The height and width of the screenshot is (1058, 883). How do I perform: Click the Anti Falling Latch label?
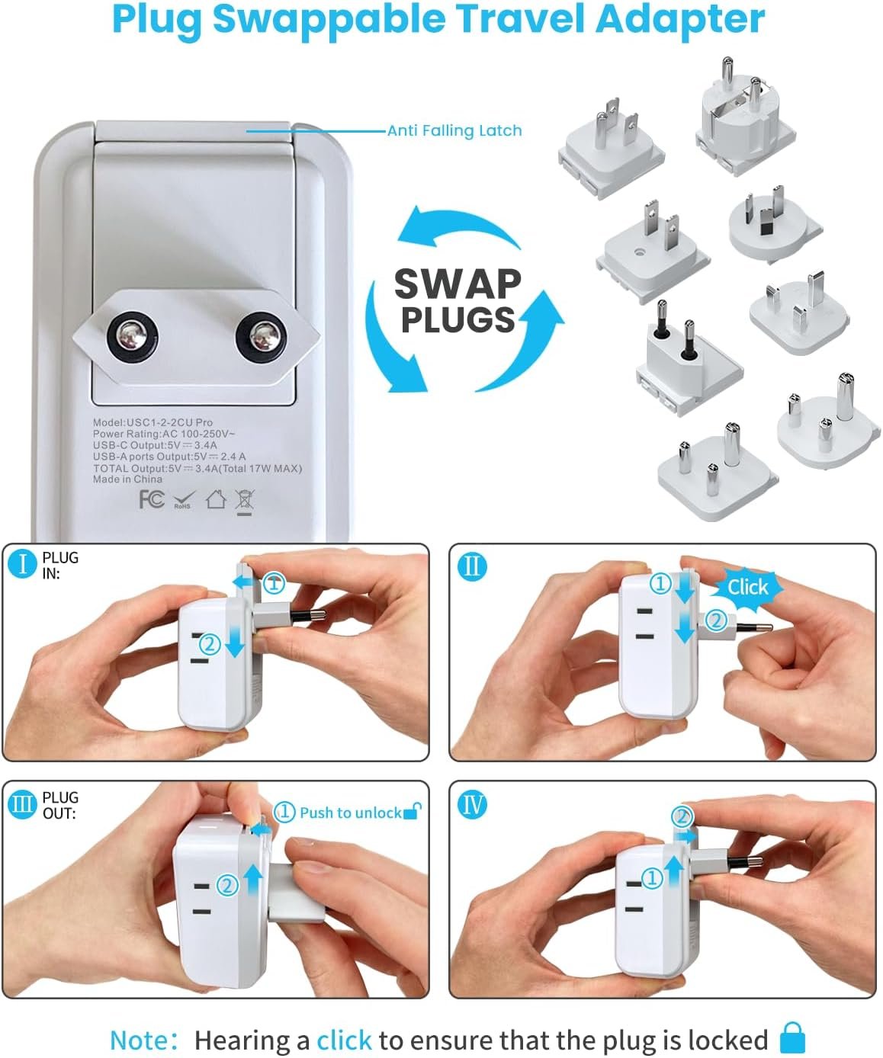coord(454,130)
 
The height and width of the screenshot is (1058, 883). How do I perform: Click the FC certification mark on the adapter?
coord(152,499)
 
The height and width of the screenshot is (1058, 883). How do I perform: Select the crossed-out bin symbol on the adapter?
coord(245,501)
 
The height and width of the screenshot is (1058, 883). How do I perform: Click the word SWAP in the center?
coord(458,284)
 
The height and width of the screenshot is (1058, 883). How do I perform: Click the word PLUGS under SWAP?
coord(458,319)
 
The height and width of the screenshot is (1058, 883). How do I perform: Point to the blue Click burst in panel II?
coord(747,586)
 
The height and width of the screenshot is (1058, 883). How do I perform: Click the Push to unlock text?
coord(350,813)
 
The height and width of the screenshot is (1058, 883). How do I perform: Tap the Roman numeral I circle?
coord(22,564)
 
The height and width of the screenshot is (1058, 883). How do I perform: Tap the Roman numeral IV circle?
coord(472,804)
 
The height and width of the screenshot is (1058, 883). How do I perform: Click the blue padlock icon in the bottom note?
coord(793,1038)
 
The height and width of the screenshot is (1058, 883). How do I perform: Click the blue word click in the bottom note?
coord(344,1040)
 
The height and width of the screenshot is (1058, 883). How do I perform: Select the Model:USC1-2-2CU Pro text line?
coord(153,422)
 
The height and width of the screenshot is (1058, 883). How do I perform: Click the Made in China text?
coord(127,479)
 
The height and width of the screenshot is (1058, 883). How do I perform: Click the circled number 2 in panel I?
coord(210,645)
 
